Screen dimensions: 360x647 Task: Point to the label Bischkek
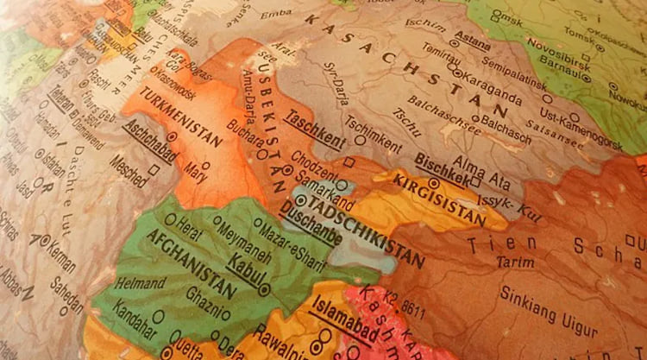[442, 168]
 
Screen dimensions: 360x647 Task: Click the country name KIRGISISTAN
[440, 199]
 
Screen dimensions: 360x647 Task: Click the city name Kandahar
[138, 315]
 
